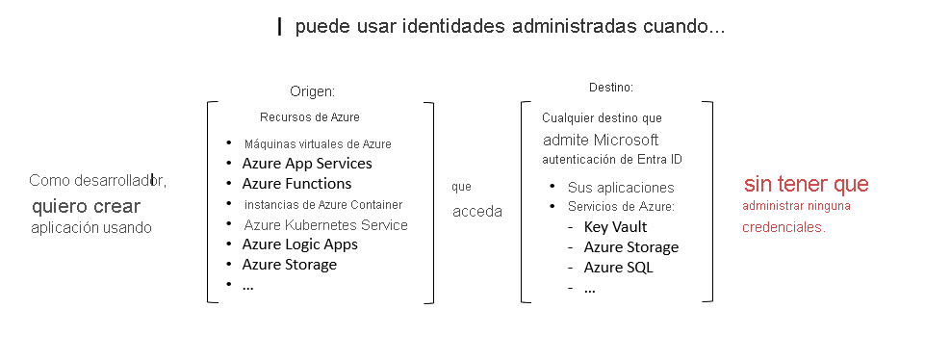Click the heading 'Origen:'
312,91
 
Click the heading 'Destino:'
610,88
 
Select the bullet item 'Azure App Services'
307,164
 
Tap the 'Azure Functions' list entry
296,184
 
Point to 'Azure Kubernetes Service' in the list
325,225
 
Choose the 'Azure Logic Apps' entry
299,244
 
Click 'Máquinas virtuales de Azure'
318,144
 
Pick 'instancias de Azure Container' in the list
323,204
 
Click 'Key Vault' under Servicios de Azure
615,227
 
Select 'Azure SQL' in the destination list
618,268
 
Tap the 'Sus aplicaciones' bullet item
621,188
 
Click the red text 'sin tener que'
806,184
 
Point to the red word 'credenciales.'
784,228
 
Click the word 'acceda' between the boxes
477,212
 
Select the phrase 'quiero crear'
86,206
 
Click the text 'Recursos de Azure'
309,117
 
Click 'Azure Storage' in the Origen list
289,265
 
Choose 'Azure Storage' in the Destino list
630,247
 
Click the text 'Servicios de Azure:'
621,208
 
